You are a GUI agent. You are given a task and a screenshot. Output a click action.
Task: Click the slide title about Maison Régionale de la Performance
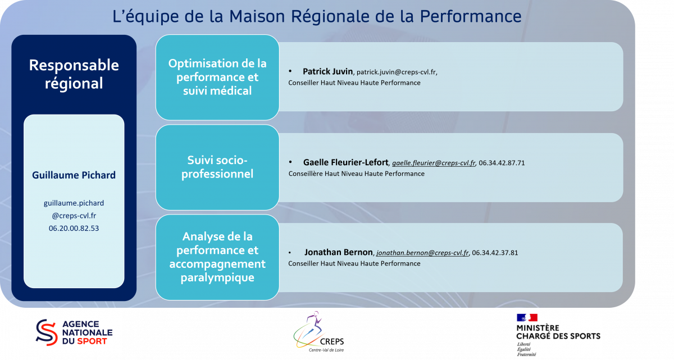pyautogui.click(x=317, y=16)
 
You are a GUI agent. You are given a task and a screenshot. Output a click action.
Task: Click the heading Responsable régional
pyautogui.click(x=74, y=74)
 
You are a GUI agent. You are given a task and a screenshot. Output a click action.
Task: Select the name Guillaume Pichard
pyautogui.click(x=74, y=175)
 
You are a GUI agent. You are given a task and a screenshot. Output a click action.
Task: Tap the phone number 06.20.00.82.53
pyautogui.click(x=74, y=228)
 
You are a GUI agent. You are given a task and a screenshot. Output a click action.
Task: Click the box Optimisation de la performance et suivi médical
pyautogui.click(x=217, y=78)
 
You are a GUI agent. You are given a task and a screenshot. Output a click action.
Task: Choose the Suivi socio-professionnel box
pyautogui.click(x=217, y=167)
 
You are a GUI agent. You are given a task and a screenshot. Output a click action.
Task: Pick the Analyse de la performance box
pyautogui.click(x=217, y=257)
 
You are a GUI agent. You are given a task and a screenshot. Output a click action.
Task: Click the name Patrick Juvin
pyautogui.click(x=327, y=71)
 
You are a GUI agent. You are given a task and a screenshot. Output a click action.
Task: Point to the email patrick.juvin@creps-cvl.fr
pyautogui.click(x=397, y=72)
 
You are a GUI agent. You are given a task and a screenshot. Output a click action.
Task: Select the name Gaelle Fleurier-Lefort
pyautogui.click(x=346, y=162)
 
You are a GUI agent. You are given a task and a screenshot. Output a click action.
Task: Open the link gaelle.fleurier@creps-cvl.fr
pyautogui.click(x=434, y=163)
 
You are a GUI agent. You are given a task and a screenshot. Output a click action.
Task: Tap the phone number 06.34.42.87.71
pyautogui.click(x=502, y=163)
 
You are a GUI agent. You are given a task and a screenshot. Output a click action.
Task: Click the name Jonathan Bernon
pyautogui.click(x=339, y=252)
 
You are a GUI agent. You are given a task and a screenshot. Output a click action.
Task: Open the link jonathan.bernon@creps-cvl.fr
pyautogui.click(x=422, y=253)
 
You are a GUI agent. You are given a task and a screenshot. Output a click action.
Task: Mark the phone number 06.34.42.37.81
pyautogui.click(x=495, y=253)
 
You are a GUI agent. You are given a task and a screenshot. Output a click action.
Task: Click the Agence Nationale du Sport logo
pyautogui.click(x=74, y=332)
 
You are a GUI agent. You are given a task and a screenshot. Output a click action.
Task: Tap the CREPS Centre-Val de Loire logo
pyautogui.click(x=318, y=332)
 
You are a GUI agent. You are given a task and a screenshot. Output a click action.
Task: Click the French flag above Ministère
pyautogui.click(x=527, y=317)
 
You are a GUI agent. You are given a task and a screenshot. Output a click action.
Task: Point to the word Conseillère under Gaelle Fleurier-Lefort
pyautogui.click(x=306, y=174)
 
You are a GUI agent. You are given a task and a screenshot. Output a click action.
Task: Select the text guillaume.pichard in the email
pyautogui.click(x=74, y=203)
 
